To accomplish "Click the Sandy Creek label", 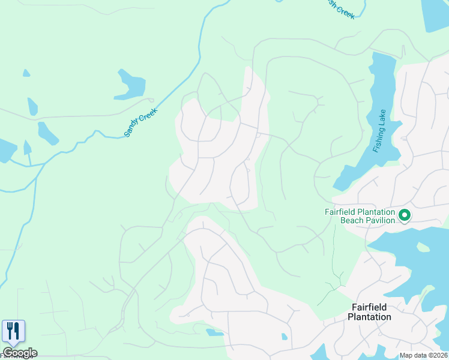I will [140, 122].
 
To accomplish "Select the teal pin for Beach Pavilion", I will [405, 215].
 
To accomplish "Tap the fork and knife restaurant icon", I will [13, 331].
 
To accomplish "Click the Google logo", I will [20, 353].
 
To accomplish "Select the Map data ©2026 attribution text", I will [423, 355].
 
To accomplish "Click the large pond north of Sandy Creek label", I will [131, 85].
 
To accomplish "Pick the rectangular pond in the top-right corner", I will [435, 15].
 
